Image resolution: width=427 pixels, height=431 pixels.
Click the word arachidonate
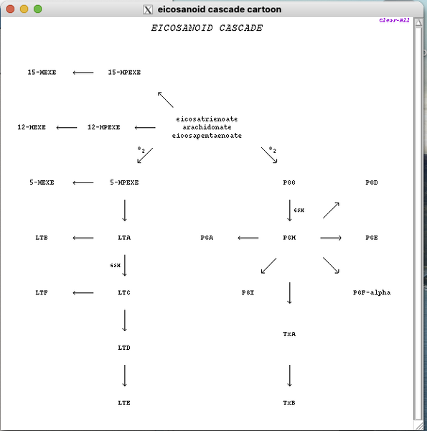(x=207, y=127)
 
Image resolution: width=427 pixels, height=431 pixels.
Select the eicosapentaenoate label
(x=207, y=135)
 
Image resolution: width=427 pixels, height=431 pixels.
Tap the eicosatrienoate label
(x=207, y=119)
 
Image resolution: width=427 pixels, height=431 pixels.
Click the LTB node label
(x=42, y=238)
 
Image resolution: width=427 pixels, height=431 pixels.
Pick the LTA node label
(x=124, y=238)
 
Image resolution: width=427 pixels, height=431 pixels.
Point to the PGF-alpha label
(x=372, y=292)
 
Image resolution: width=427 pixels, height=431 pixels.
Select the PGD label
(x=371, y=182)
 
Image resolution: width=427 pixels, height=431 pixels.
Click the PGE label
(x=371, y=238)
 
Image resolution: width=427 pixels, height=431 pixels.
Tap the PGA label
(x=207, y=238)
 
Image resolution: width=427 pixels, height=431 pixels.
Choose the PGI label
(x=248, y=292)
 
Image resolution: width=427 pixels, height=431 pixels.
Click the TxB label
(x=289, y=403)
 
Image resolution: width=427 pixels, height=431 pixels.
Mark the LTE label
(x=124, y=403)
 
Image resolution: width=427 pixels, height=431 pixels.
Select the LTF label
(x=42, y=292)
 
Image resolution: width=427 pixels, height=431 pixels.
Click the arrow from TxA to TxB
(x=289, y=376)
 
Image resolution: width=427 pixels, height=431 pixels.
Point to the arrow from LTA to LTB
(x=83, y=238)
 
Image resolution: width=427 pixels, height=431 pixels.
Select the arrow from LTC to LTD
(x=125, y=320)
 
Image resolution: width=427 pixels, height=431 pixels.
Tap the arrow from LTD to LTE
(x=125, y=376)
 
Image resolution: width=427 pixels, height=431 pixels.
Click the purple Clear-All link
(x=394, y=20)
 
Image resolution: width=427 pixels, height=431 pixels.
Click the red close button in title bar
(x=10, y=9)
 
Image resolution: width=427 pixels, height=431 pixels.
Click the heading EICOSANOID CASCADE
(x=207, y=29)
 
